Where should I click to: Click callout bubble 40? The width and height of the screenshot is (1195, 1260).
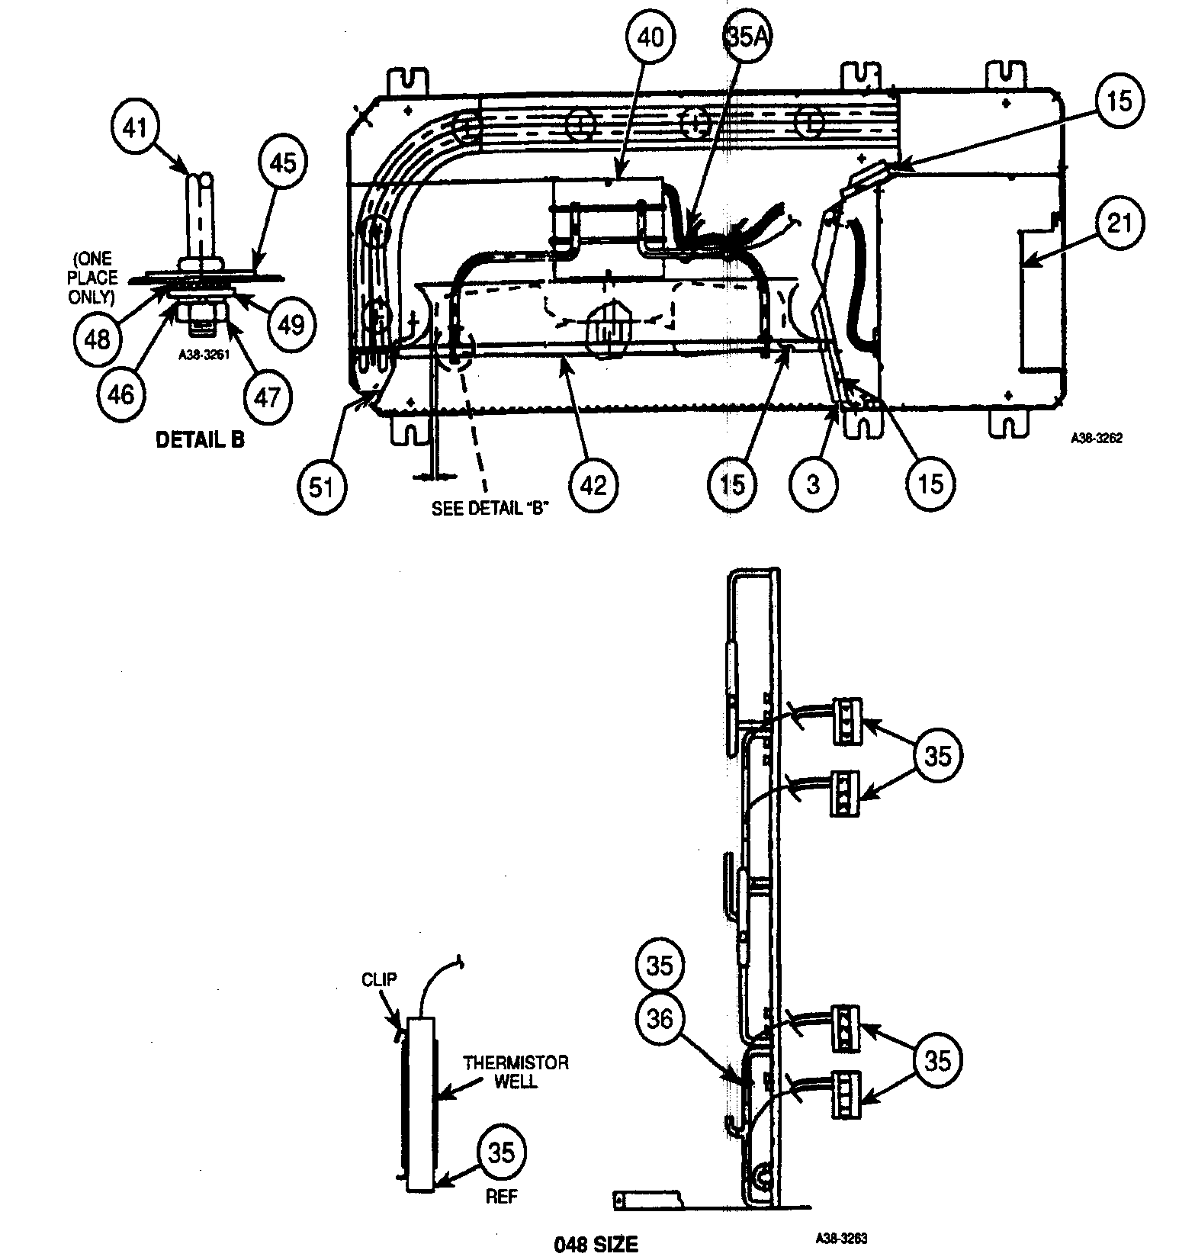(x=650, y=39)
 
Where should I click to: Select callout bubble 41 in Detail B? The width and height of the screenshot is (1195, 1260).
(x=135, y=127)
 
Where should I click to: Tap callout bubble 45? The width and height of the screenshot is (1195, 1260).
(x=282, y=162)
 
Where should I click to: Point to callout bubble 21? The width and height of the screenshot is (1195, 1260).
(x=1119, y=223)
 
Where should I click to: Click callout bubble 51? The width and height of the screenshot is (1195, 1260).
(x=322, y=485)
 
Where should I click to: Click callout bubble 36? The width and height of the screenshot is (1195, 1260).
(x=660, y=1018)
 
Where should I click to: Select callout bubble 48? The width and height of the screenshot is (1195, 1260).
(x=98, y=338)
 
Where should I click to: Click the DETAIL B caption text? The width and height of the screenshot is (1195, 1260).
(x=200, y=440)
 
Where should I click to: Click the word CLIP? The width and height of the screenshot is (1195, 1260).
(x=379, y=979)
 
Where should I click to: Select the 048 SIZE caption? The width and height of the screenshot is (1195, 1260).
(x=595, y=1245)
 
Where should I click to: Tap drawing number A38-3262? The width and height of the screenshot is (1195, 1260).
(x=1096, y=439)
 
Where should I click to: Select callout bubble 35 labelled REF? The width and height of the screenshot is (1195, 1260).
(x=501, y=1153)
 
